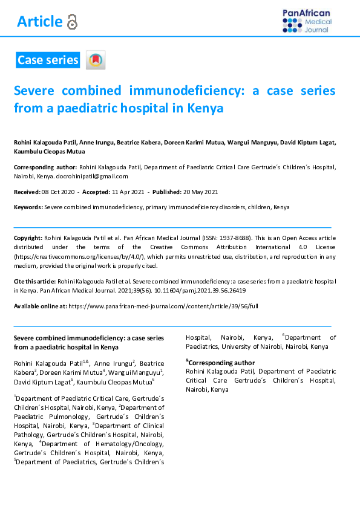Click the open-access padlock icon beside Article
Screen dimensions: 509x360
click(73, 22)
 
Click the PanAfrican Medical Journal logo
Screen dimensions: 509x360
click(307, 21)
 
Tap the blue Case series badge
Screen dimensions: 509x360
click(48, 60)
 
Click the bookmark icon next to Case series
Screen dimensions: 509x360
click(96, 60)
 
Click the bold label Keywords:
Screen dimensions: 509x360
click(28, 207)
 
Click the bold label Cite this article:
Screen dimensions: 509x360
click(34, 282)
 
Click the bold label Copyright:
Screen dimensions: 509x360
click(28, 238)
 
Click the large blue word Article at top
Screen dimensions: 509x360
click(40, 22)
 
